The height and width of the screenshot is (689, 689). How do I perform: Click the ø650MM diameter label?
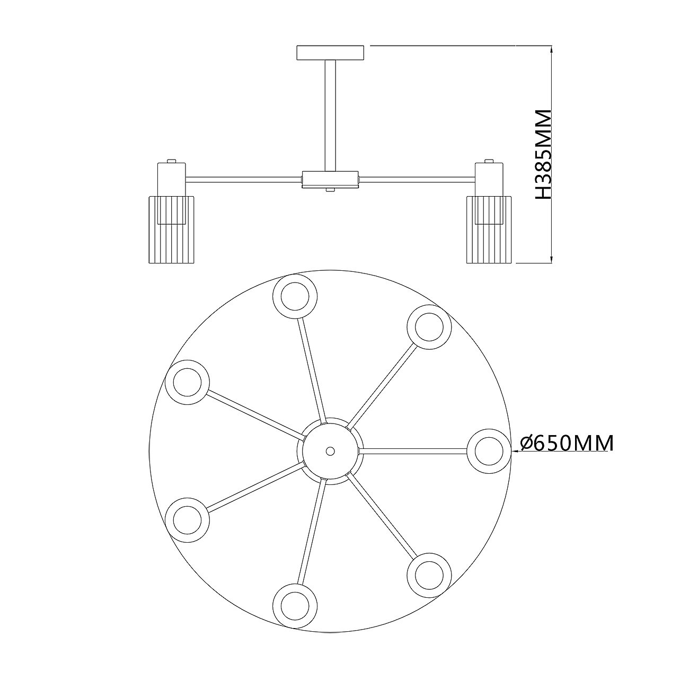click(566, 444)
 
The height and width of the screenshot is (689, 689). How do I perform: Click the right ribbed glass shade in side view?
click(489, 229)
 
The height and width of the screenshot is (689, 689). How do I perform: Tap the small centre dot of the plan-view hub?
click(330, 451)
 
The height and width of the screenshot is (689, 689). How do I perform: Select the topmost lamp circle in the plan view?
click(295, 296)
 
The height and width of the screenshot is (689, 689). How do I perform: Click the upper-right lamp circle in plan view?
click(429, 327)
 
